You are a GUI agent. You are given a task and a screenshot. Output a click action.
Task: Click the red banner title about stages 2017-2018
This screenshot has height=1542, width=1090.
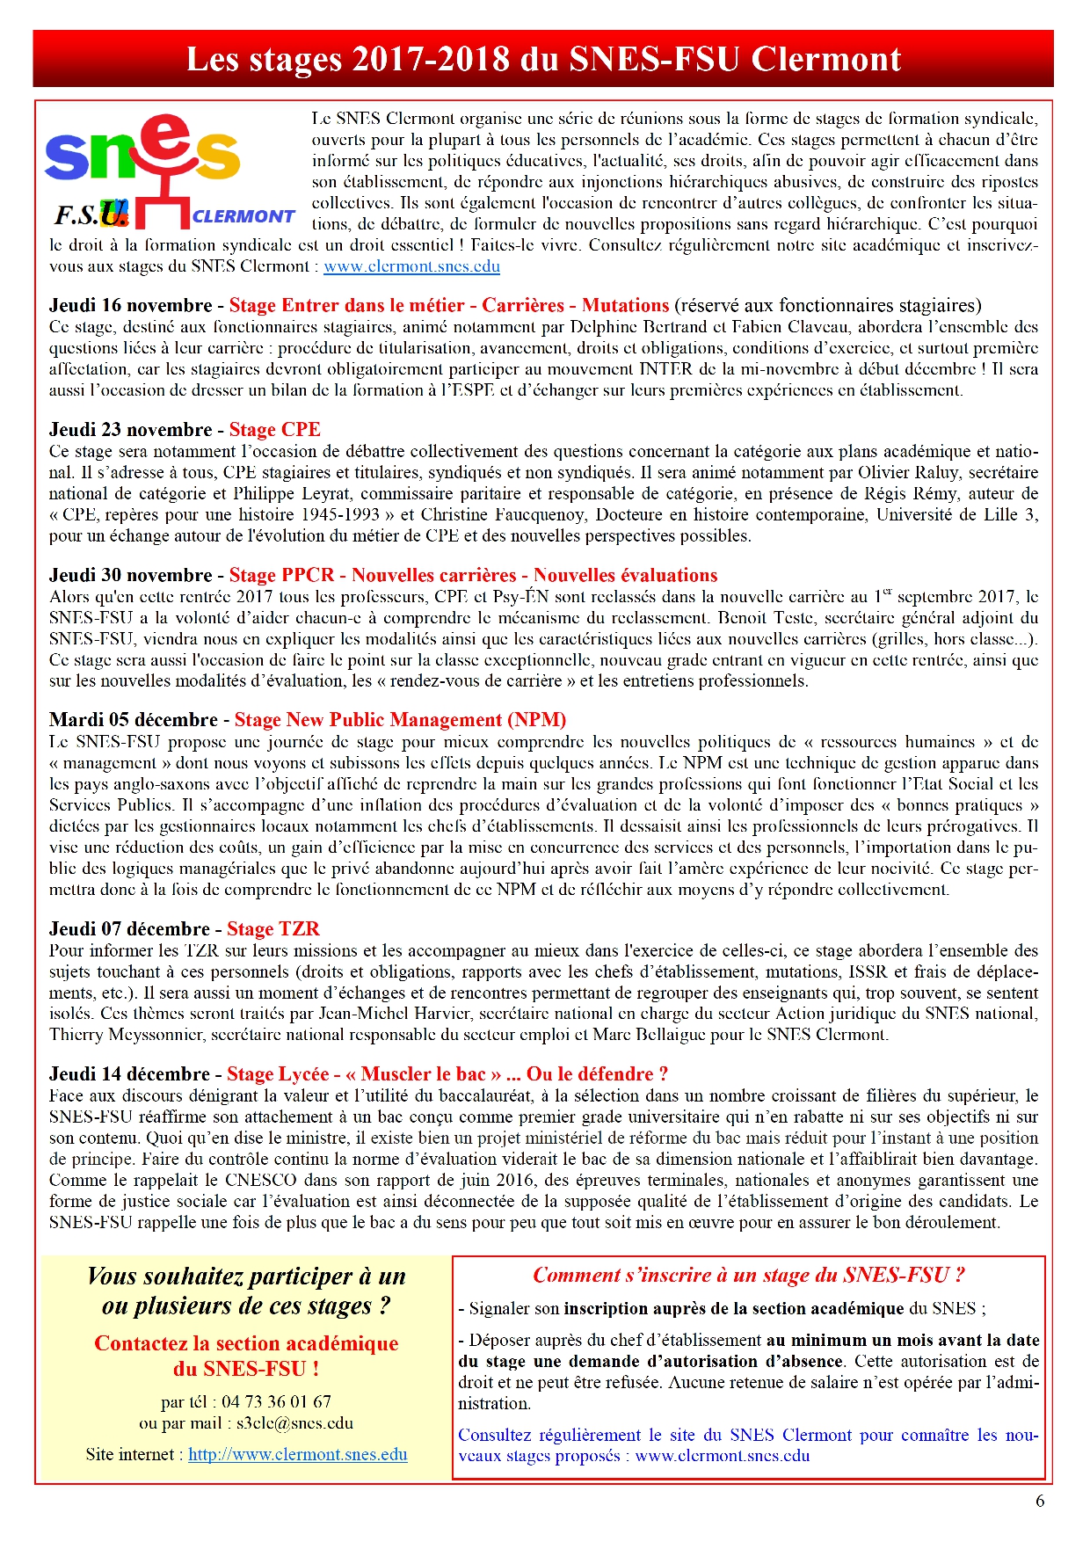(543, 60)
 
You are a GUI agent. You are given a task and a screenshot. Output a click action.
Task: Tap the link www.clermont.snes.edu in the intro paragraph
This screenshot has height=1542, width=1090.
(411, 266)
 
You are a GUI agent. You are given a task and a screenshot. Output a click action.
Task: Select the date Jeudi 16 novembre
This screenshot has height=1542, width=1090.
(130, 306)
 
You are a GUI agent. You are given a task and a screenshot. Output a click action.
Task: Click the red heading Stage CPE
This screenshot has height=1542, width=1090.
(274, 430)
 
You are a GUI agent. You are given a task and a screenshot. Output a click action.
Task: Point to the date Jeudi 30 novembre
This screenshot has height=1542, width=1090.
(130, 576)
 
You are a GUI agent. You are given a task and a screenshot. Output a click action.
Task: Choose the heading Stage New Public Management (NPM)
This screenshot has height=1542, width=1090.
(400, 720)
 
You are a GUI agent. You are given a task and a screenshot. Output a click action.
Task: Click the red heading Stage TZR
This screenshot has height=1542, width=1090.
(272, 929)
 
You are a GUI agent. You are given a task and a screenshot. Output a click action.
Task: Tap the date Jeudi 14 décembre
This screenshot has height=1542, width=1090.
(129, 1074)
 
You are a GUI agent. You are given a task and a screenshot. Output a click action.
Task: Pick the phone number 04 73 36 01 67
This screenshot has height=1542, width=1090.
(276, 1402)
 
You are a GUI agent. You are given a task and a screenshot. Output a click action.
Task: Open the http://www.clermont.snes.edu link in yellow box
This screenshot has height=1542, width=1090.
(297, 1455)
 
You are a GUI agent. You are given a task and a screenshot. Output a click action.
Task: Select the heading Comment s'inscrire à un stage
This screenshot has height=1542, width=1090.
(749, 1276)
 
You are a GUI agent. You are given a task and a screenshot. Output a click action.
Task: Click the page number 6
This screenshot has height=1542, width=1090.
(1040, 1502)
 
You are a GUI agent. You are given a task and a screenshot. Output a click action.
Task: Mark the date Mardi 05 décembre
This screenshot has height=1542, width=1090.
(133, 720)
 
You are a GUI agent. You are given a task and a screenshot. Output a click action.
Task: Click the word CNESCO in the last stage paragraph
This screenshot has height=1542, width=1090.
(260, 1181)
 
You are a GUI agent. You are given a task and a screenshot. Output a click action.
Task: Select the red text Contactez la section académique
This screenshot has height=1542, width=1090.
(246, 1344)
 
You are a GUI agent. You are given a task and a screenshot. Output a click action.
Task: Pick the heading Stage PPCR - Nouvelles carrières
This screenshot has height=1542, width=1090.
(473, 576)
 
